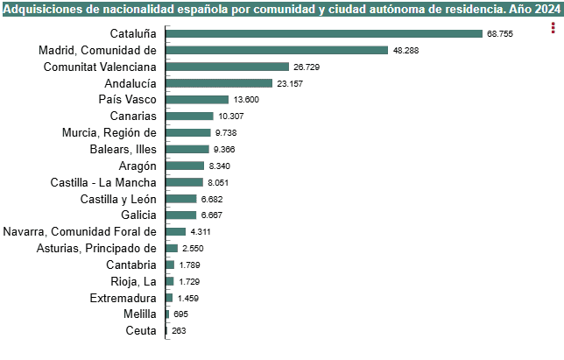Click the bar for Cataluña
[323, 33]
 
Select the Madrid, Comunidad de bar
[276, 50]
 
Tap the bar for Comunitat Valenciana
[227, 67]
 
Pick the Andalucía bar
[219, 83]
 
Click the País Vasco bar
[196, 100]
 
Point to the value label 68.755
[499, 33]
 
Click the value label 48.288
[405, 50]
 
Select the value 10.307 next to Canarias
[231, 116]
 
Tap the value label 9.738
[224, 133]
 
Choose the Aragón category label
[137, 166]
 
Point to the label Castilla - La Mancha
[104, 182]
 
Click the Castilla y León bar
[180, 199]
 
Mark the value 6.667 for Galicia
[213, 215]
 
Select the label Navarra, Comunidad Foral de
[80, 232]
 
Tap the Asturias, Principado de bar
[171, 248]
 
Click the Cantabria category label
[131, 265]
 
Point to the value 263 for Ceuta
[180, 331]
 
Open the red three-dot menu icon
[553, 27]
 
